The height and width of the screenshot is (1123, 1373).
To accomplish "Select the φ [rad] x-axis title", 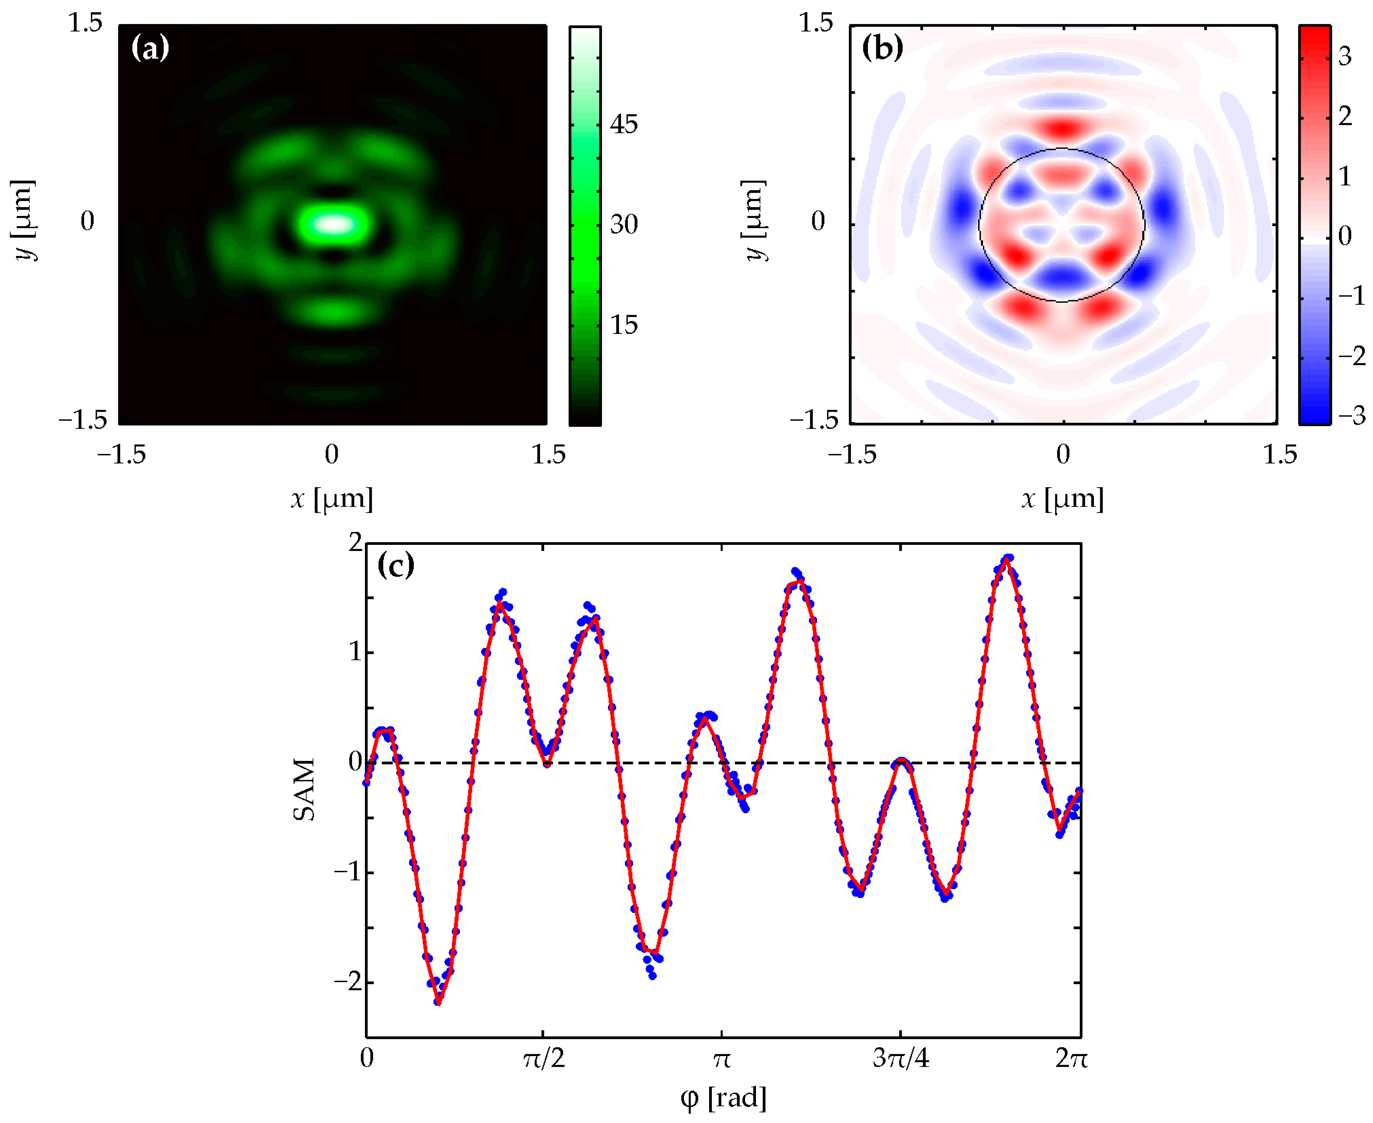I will [723, 1098].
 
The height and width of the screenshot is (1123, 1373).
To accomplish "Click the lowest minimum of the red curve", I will [439, 1003].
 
